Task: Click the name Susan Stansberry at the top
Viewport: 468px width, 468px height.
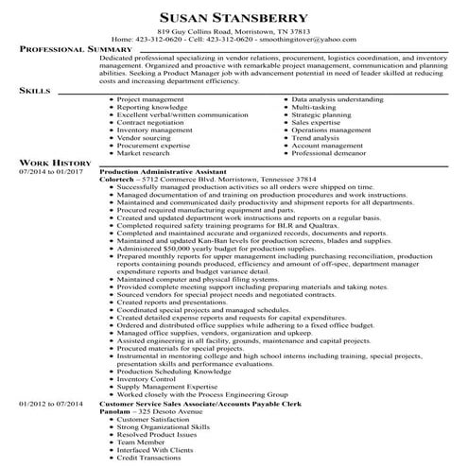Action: [234, 18]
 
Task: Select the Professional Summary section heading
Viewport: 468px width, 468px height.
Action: [68, 48]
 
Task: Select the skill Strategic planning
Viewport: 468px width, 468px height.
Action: [321, 114]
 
